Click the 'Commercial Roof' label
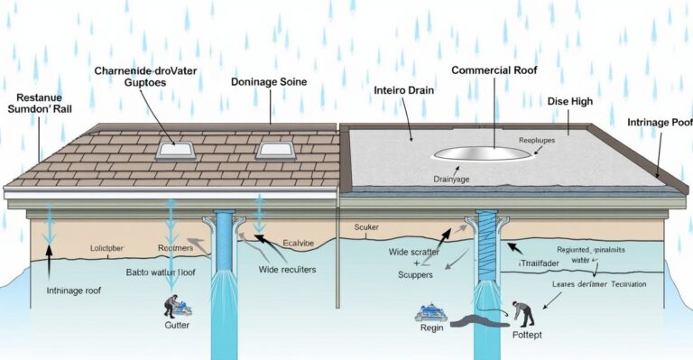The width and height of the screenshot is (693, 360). [x=495, y=69]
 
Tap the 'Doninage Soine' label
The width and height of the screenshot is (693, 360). [x=269, y=81]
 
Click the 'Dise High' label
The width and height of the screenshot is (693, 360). [x=570, y=101]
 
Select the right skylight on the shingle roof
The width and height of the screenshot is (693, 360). [x=272, y=150]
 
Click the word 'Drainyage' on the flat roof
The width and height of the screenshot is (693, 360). [x=455, y=180]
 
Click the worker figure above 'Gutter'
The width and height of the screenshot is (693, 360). [x=172, y=304]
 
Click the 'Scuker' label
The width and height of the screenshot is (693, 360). [x=369, y=227]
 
